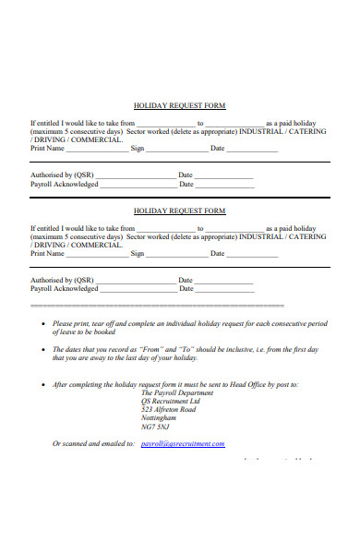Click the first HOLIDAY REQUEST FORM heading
(x=180, y=106)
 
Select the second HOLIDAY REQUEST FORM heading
(x=180, y=211)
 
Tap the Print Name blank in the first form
(x=98, y=149)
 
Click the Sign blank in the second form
(x=174, y=254)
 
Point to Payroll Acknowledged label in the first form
(x=64, y=184)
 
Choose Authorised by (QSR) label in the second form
(x=62, y=280)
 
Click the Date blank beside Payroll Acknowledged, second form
(x=224, y=289)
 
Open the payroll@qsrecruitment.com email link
(x=183, y=444)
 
